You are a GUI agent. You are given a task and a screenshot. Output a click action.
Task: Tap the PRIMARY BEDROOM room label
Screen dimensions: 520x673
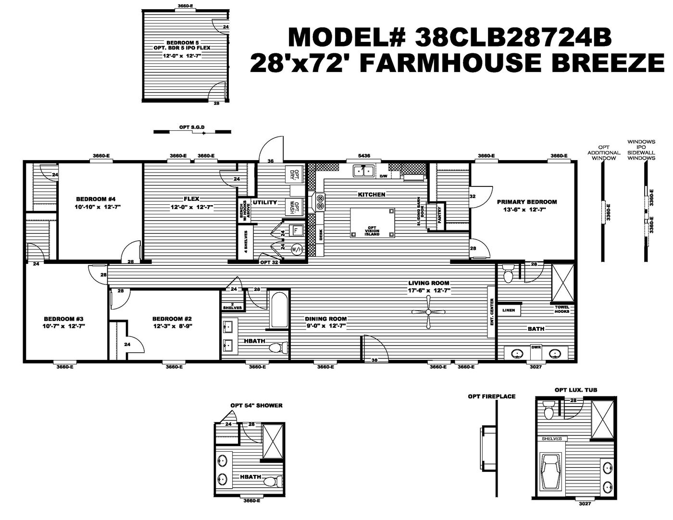[526, 202]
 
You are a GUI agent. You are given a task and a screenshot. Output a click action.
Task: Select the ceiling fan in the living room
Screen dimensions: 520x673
[428, 312]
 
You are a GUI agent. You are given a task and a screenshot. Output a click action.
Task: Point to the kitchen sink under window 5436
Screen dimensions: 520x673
[364, 171]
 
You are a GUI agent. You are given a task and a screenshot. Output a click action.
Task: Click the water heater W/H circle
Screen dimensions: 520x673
[297, 249]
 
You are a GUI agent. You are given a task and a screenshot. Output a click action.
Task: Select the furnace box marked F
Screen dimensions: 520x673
[297, 231]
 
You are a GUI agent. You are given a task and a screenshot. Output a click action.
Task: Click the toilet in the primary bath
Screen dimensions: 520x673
[507, 274]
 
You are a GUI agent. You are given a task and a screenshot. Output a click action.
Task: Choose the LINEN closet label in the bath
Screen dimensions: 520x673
[508, 310]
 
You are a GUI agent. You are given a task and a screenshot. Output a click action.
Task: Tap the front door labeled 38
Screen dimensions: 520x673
[374, 360]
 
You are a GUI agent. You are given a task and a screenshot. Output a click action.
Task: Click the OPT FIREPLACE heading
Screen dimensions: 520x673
[491, 396]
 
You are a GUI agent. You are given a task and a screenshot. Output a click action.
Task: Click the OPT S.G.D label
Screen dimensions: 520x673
[192, 127]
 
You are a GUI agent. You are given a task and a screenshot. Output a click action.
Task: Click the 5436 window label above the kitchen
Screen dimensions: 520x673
[364, 156]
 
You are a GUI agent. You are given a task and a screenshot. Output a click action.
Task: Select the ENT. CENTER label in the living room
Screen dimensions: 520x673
[491, 312]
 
